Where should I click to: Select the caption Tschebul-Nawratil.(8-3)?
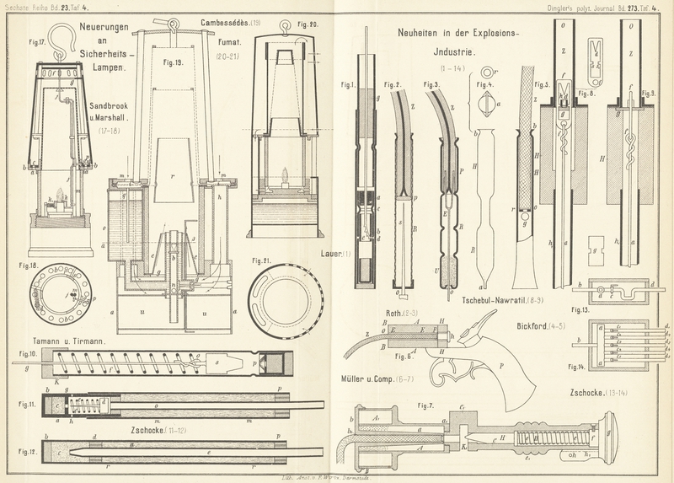click(x=507, y=299)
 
